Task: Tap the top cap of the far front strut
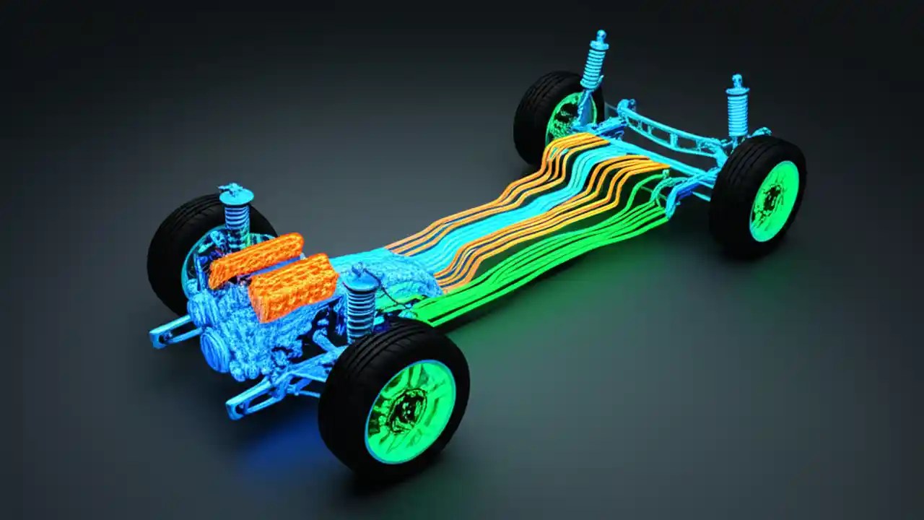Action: coord(236,194)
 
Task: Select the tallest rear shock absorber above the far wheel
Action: coord(593,61)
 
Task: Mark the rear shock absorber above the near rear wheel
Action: coord(737,108)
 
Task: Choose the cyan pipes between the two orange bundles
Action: coord(505,217)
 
